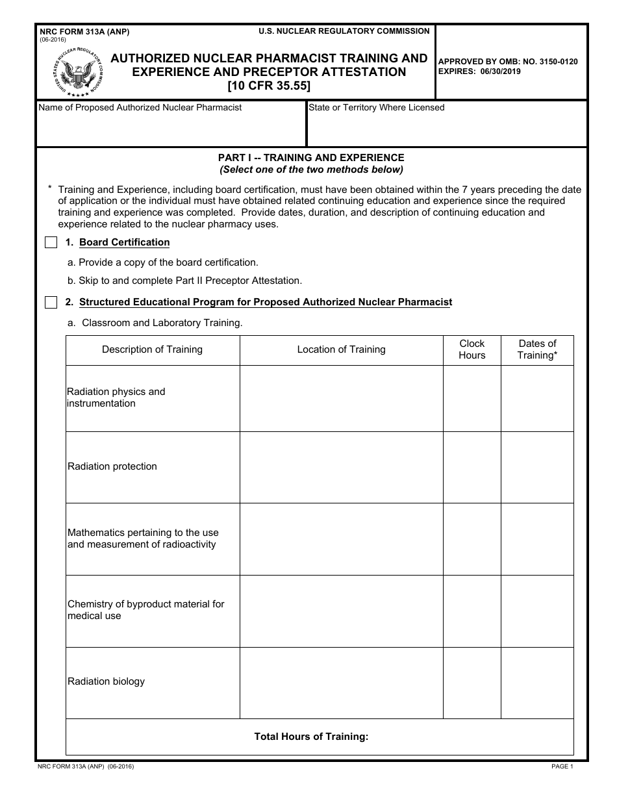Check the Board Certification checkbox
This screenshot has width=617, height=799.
[x=51, y=243]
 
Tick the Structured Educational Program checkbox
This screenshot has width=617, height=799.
[x=51, y=303]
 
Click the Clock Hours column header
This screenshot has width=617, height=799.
[x=472, y=349]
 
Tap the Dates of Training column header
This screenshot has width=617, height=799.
[x=537, y=349]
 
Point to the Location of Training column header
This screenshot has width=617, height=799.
[x=341, y=349]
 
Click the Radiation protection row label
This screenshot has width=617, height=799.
[x=112, y=466]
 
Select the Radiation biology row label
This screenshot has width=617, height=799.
[x=106, y=681]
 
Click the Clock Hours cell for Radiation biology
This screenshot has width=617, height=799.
[x=472, y=683]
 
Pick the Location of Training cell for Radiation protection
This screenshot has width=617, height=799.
[x=341, y=467]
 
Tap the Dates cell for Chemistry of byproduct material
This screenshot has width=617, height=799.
[x=537, y=611]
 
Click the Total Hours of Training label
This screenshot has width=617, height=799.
[x=311, y=737]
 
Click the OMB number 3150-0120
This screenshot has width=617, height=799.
[x=554, y=62]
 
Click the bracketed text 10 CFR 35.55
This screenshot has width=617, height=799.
[x=269, y=84]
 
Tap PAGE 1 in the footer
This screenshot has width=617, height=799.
[x=562, y=767]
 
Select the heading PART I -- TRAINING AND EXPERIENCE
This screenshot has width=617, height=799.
[x=311, y=158]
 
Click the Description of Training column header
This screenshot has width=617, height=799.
[x=152, y=349]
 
